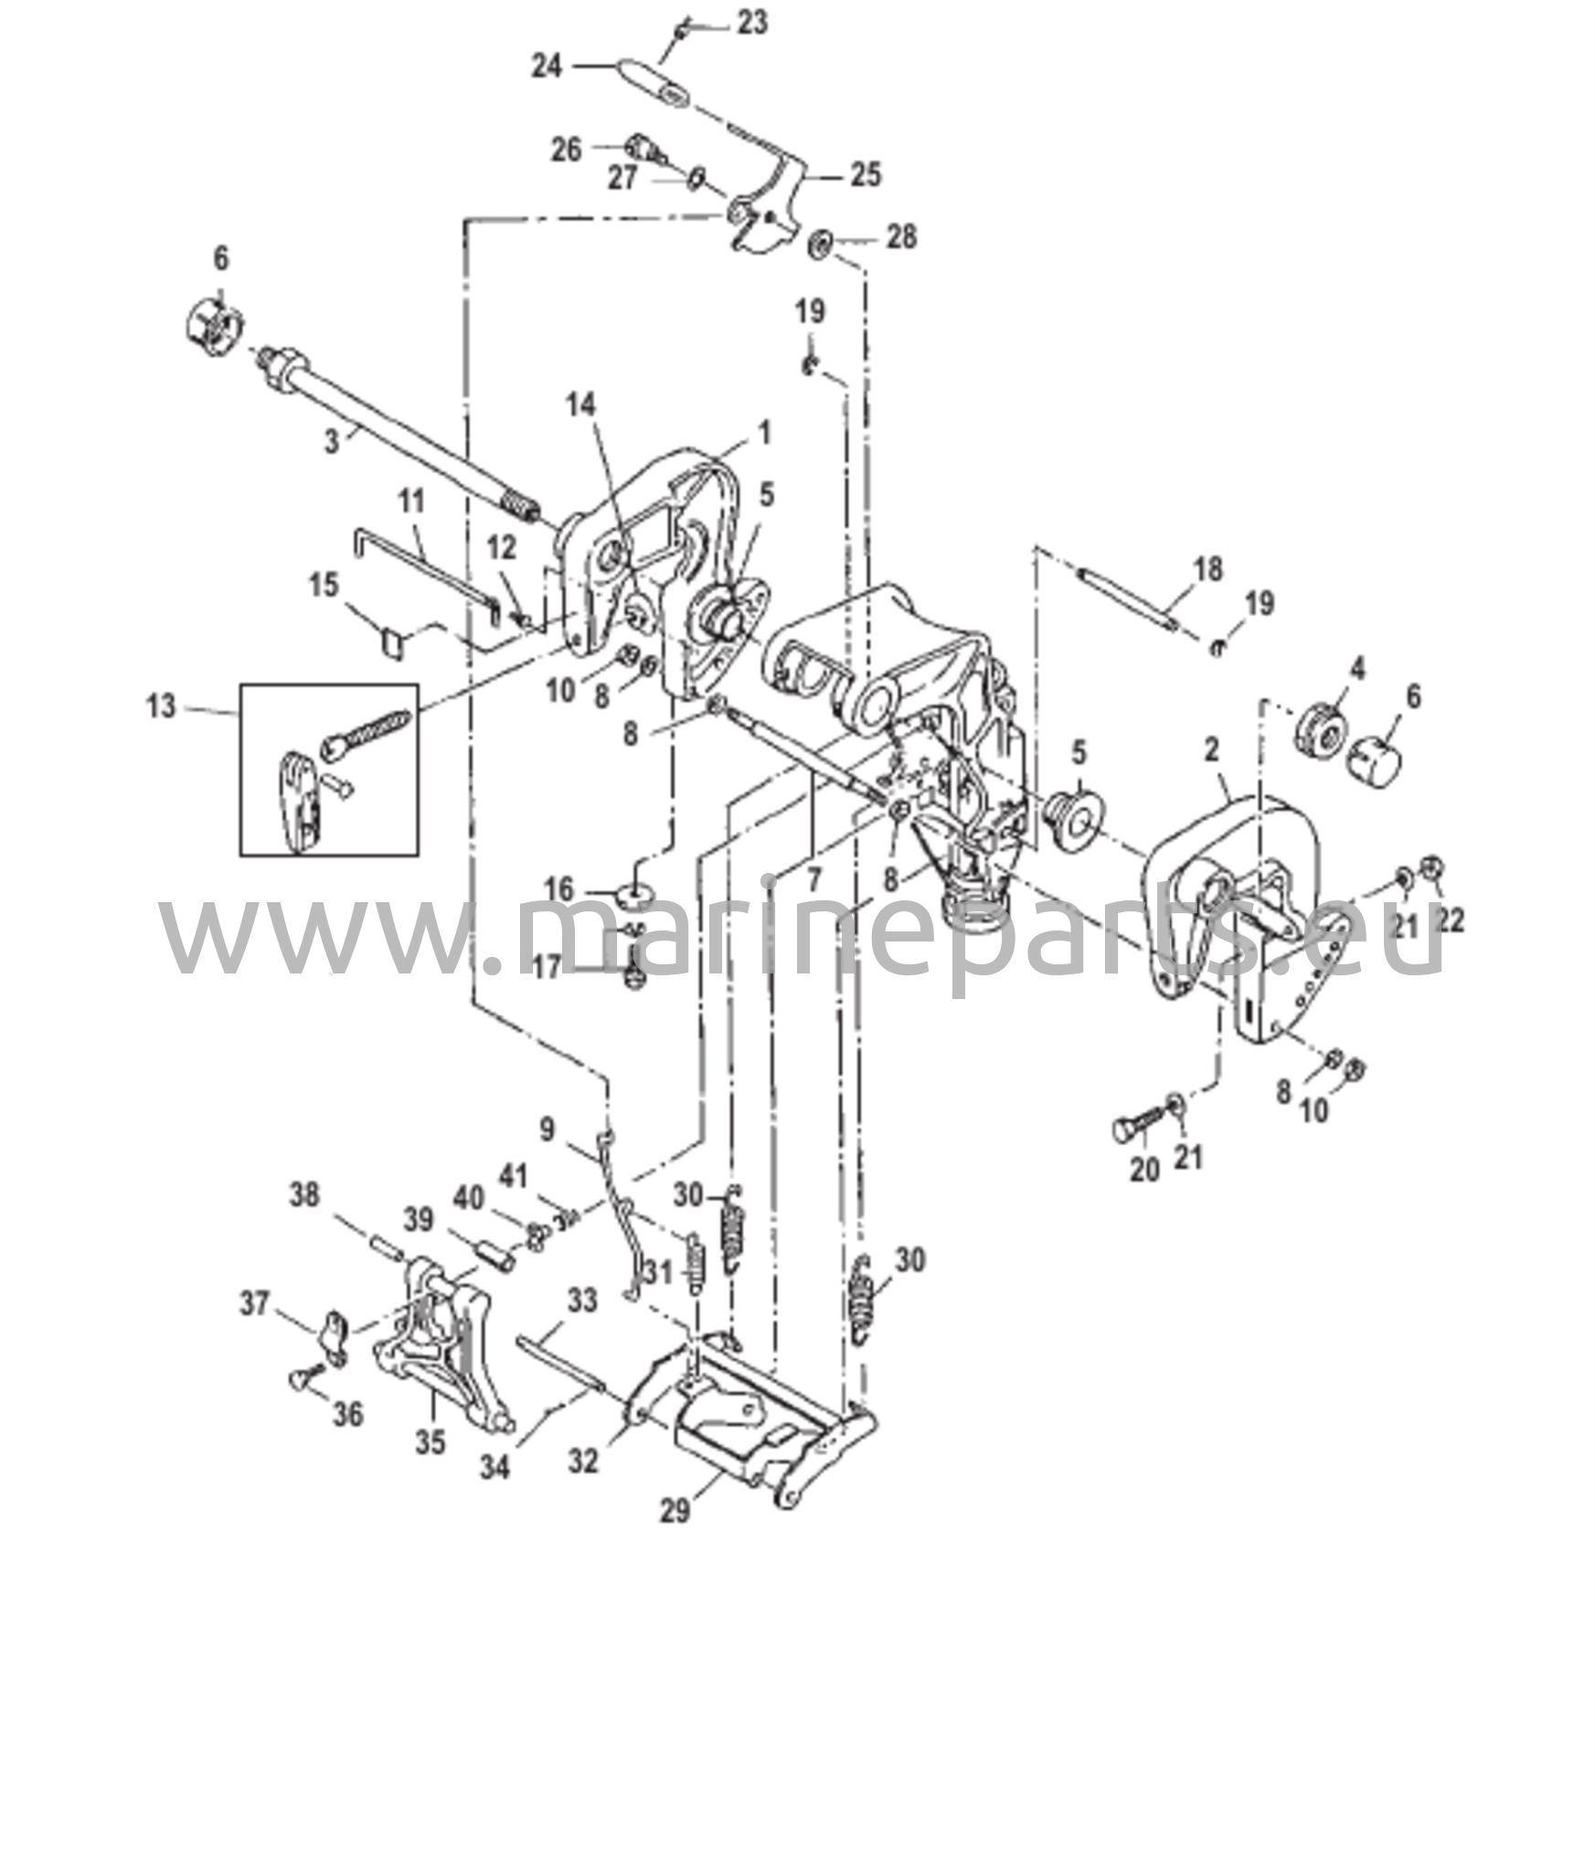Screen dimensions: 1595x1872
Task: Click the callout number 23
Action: pos(752,23)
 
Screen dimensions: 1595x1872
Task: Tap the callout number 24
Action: pos(548,67)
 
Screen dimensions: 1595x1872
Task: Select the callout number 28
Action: pos(902,238)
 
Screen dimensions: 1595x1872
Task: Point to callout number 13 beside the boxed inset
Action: pos(162,707)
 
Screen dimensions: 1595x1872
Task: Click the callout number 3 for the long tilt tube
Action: pos(332,441)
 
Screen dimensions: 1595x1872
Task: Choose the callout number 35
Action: pos(431,1441)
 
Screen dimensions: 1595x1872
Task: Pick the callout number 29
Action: pos(675,1511)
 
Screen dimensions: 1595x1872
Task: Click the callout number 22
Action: pos(1450,920)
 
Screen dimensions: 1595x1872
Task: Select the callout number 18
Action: pos(1207,569)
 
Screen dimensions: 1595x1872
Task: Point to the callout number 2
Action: pos(1212,750)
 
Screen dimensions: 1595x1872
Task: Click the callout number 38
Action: pos(305,1195)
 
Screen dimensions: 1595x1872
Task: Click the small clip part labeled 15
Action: pos(393,641)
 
